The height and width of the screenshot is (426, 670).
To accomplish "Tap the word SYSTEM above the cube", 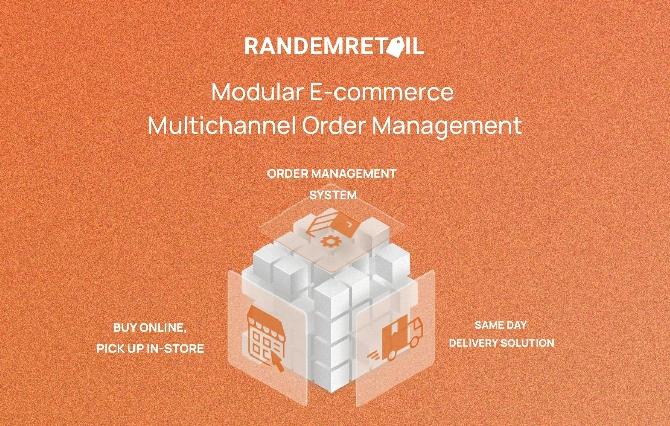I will pos(333,195).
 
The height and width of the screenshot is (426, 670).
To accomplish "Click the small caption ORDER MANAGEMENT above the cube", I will pos(332,174).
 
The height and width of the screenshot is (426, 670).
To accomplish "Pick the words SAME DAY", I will pos(501,325).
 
